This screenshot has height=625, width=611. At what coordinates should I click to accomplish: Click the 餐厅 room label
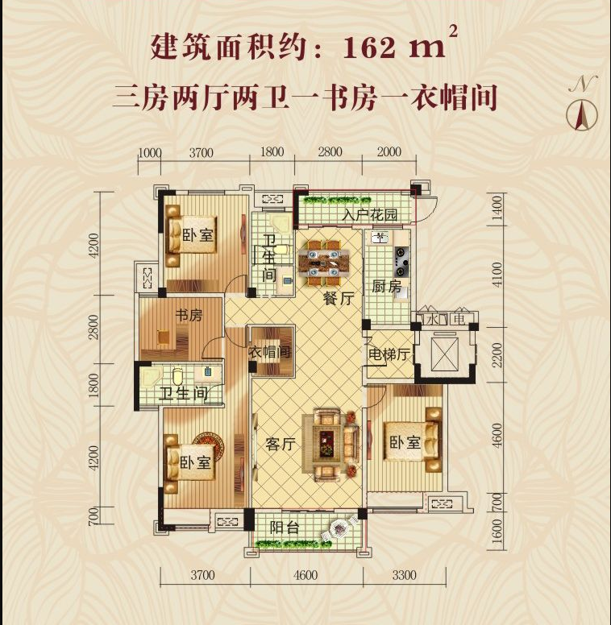point(339,299)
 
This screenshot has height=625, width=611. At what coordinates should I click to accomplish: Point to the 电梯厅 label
point(386,354)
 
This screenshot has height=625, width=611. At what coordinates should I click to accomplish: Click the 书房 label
point(189,316)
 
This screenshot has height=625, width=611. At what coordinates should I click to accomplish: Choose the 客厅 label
point(280,445)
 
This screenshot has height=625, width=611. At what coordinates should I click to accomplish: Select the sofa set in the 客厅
point(330,441)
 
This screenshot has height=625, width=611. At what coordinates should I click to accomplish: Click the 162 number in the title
point(370,48)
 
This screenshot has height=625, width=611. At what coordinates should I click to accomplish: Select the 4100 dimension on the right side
point(497,275)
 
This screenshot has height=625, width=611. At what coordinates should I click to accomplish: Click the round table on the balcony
point(340,528)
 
